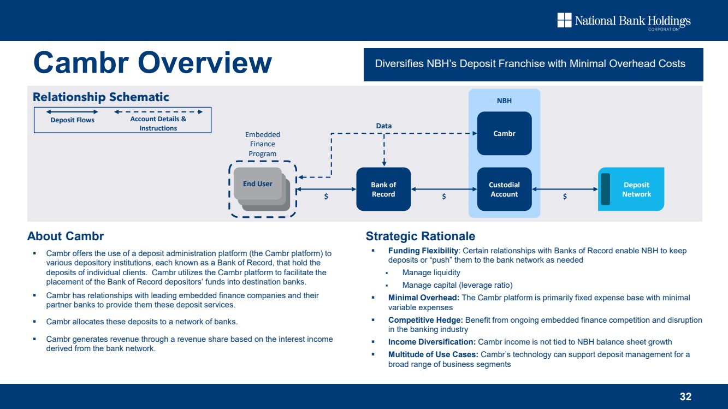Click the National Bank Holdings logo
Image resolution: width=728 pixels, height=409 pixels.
624,21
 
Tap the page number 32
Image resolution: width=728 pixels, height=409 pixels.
685,397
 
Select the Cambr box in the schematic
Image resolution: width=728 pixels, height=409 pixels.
504,133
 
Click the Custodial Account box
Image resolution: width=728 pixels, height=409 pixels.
504,189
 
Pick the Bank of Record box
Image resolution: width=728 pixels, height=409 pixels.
383,189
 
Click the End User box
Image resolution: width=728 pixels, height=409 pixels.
258,183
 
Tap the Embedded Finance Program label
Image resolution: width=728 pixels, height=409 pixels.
263,144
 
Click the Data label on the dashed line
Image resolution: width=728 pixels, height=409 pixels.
384,126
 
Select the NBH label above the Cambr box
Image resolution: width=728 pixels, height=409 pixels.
504,101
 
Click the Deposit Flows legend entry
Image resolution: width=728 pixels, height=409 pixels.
73,120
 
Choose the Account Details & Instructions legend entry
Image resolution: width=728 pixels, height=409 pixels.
158,123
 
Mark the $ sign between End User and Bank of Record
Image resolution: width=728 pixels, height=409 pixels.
326,197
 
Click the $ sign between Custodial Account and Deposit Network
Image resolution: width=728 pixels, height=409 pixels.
565,197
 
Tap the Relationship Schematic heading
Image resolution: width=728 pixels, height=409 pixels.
101,97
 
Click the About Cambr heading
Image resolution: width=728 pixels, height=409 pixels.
66,236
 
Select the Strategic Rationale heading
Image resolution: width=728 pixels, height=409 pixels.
421,236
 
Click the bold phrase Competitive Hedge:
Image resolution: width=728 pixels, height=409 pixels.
425,319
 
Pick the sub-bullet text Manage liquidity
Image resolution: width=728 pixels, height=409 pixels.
431,272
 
